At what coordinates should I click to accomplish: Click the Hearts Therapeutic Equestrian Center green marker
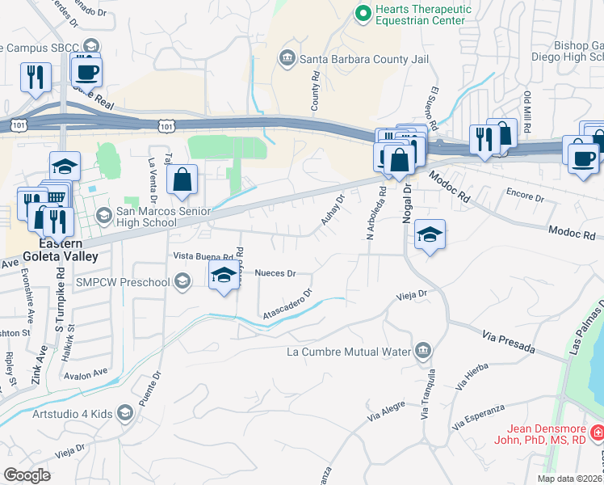tap(363, 14)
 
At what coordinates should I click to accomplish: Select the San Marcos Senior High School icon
tap(103, 215)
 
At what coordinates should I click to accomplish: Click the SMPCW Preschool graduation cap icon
tap(182, 281)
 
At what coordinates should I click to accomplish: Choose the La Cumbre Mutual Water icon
tap(422, 350)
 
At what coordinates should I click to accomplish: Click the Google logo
tap(27, 474)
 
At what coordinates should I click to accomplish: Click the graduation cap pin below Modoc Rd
tap(430, 235)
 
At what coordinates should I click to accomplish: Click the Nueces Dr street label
tap(275, 273)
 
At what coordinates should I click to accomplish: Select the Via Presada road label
tap(509, 340)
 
